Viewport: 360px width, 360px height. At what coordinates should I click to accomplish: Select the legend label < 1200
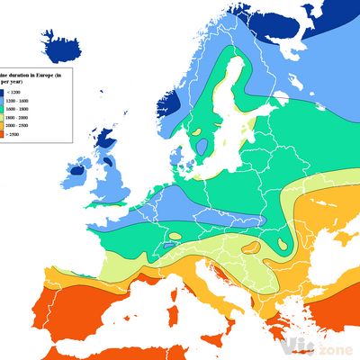click(15, 93)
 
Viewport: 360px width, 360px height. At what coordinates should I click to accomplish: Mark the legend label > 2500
click(15, 134)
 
